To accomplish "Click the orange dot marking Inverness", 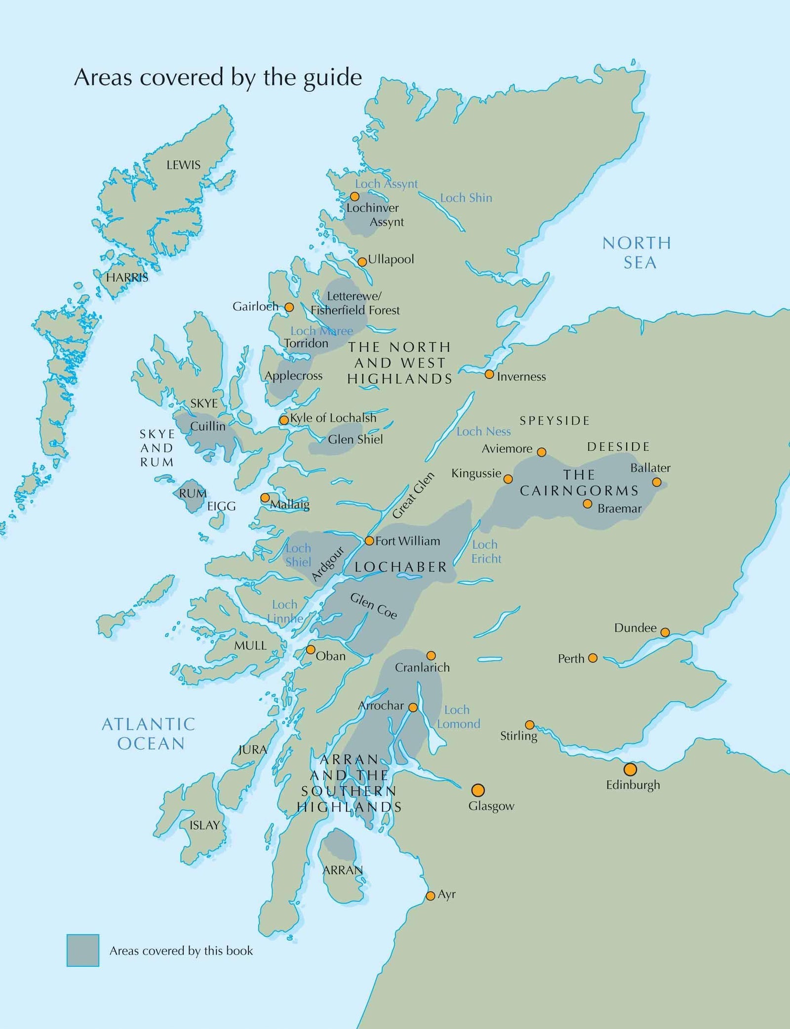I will point(489,374).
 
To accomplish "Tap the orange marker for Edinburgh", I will point(630,769).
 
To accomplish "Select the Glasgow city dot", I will point(477,790).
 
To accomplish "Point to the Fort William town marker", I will point(369,541).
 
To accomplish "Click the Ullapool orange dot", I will point(362,261).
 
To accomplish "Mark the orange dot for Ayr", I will point(430,895).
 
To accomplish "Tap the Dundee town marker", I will point(665,632).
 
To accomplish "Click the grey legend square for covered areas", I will point(82,950).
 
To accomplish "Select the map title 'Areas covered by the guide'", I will point(218,77).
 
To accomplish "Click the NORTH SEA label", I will point(637,253).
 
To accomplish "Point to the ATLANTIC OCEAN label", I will point(149,734).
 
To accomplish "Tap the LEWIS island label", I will point(183,165).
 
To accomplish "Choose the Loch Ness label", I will point(483,432).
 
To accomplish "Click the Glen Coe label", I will point(373,606).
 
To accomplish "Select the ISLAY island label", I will point(204,825).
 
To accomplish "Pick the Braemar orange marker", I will point(587,504).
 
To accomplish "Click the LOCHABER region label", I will point(400,567).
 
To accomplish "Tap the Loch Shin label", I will point(466,198).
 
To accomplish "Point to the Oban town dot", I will point(310,649).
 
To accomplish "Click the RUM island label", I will point(193,493).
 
